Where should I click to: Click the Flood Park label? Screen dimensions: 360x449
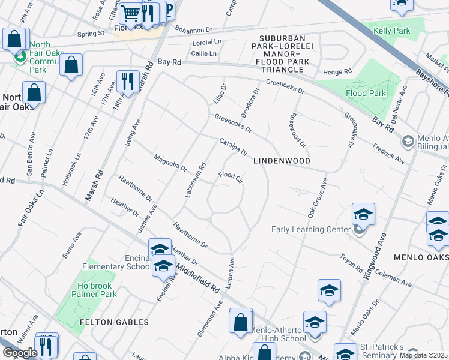(366, 93)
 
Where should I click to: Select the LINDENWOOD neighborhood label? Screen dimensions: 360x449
(282, 161)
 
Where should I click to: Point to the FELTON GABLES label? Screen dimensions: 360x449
(114, 322)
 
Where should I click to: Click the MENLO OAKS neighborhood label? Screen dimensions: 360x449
(421, 257)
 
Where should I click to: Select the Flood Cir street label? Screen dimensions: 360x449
(231, 178)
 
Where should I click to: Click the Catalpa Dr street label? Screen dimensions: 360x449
(234, 147)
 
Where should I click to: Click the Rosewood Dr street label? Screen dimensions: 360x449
(298, 131)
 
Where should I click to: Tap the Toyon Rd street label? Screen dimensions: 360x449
(351, 262)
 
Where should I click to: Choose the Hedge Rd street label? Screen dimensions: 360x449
(337, 72)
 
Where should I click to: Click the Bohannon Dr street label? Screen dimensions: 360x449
(193, 29)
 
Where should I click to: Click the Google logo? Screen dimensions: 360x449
(20, 353)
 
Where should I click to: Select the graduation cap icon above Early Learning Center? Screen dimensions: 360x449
(363, 214)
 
